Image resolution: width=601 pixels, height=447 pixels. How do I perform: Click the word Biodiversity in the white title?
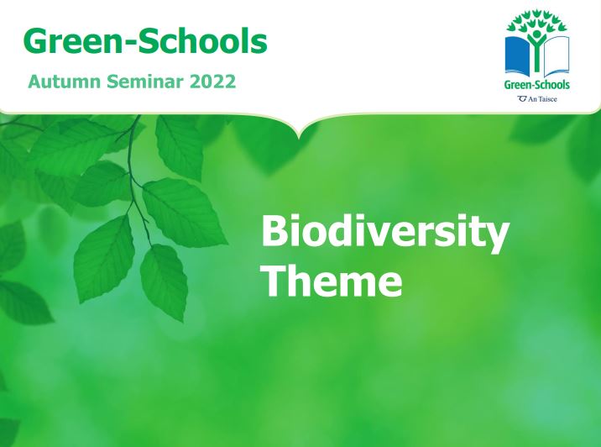385,233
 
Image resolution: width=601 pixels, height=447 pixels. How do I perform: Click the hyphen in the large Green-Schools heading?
129,44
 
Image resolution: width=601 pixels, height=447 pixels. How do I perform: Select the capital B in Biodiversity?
275,230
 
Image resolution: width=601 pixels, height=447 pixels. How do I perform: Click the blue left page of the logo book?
517,55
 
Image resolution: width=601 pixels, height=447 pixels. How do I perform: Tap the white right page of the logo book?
557,55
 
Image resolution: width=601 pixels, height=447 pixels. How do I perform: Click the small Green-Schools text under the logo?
537,84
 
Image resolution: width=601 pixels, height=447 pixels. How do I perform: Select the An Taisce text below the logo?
542,99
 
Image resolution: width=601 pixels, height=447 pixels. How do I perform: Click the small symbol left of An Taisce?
522,99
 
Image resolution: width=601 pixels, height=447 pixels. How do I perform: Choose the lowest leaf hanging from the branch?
165,282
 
